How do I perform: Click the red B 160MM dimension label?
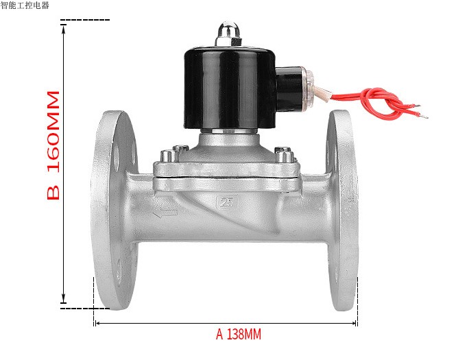[53, 145]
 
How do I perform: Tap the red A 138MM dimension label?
[239, 334]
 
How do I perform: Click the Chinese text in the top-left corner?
[25, 5]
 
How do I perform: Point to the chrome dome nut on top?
[228, 34]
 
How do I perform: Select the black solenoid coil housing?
[230, 88]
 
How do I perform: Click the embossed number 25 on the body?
[226, 202]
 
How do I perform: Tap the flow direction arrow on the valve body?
[165, 213]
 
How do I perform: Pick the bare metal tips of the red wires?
[422, 111]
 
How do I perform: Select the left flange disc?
[115, 210]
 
